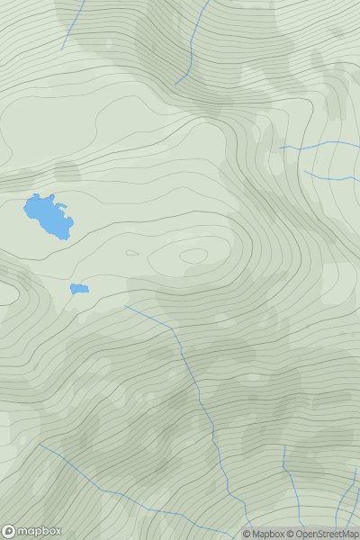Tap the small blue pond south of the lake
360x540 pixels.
coord(79,289)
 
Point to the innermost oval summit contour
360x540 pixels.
coord(193,256)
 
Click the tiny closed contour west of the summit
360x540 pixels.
coord(132,253)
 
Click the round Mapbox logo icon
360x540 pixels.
coord(9,531)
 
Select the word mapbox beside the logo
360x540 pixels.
coord(40,531)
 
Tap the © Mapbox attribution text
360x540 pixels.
coord(263,534)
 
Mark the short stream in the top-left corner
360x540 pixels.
coord(73,24)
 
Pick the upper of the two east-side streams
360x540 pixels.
coord(319,144)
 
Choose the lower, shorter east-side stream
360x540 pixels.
coord(328,176)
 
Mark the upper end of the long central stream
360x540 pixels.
coord(125,306)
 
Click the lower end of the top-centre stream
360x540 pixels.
coord(175,85)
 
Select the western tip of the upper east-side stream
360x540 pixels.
coord(279,148)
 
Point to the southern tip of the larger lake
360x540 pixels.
coord(66,238)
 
